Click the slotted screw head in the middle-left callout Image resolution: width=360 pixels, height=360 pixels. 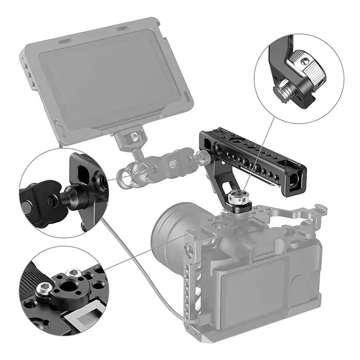click(x=26, y=206)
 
